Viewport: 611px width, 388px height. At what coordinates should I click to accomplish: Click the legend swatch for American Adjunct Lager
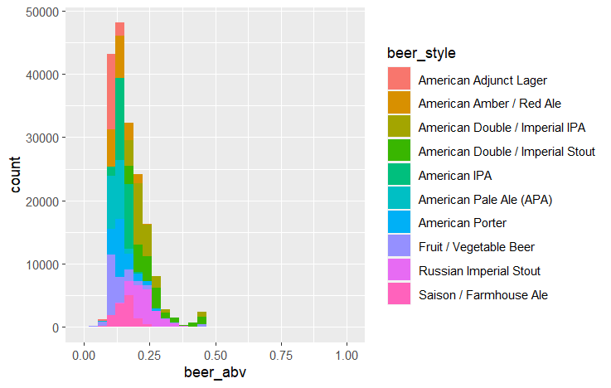point(400,80)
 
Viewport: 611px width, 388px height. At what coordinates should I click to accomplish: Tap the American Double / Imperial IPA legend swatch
point(400,128)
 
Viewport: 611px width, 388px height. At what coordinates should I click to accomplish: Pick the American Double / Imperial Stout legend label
point(507,152)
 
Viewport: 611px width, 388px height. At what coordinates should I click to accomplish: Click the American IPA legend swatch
point(400,176)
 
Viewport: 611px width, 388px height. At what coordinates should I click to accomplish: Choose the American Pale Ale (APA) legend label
point(485,200)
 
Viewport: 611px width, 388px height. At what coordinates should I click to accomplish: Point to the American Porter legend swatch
point(400,223)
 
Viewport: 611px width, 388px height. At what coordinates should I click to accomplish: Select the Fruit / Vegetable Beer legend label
point(477,247)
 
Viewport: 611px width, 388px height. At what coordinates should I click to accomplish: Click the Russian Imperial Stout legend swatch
point(400,271)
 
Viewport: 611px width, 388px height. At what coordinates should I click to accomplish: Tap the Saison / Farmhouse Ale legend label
point(483,295)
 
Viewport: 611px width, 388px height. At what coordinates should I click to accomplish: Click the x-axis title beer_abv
point(215,373)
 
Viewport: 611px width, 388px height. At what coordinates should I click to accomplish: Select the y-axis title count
point(16,176)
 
